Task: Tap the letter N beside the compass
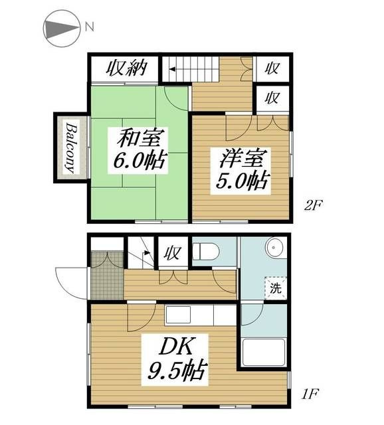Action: pyautogui.click(x=90, y=27)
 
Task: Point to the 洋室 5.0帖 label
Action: pyautogui.click(x=241, y=171)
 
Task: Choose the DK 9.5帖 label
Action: pyautogui.click(x=175, y=359)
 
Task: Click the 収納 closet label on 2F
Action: pyautogui.click(x=126, y=68)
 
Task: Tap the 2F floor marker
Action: pyautogui.click(x=312, y=206)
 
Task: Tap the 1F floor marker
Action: pyautogui.click(x=310, y=394)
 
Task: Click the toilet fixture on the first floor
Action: pyautogui.click(x=205, y=251)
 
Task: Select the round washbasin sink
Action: pyautogui.click(x=274, y=248)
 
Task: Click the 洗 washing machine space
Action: pyautogui.click(x=276, y=288)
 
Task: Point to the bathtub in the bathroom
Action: pyautogui.click(x=264, y=353)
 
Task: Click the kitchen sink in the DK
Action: pyautogui.click(x=178, y=314)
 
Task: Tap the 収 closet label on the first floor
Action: pyautogui.click(x=173, y=253)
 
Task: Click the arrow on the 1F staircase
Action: pyautogui.click(x=146, y=252)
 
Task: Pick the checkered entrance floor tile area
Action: pyautogui.click(x=108, y=276)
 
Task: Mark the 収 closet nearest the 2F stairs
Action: pyautogui.click(x=272, y=68)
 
